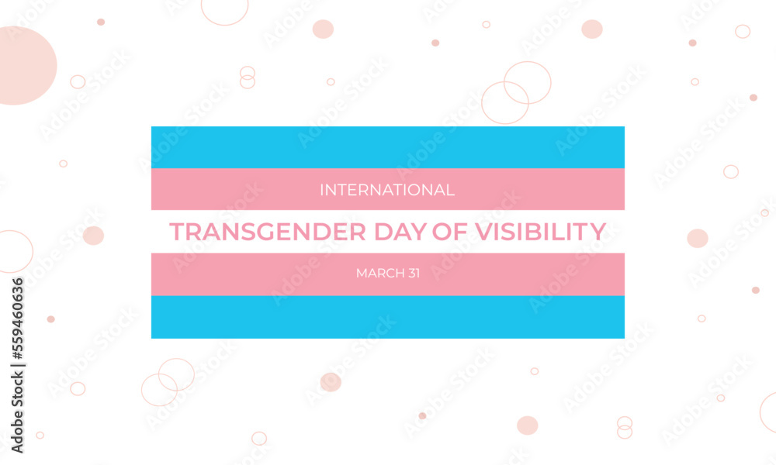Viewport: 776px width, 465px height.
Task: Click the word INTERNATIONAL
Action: [x=387, y=189]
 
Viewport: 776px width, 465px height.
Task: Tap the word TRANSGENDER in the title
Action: [x=248, y=232]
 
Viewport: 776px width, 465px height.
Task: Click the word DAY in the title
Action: [x=374, y=232]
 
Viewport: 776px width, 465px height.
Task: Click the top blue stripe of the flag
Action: [x=387, y=146]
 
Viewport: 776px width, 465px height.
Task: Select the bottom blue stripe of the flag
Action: [x=387, y=317]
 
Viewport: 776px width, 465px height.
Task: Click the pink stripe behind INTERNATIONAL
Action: [x=233, y=189]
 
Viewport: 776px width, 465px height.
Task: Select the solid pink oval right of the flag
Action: [x=697, y=238]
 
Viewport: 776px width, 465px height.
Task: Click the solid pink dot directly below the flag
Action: [x=331, y=382]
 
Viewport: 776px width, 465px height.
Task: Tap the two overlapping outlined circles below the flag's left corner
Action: [x=168, y=381]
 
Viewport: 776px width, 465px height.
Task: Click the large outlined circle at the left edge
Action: [x=12, y=251]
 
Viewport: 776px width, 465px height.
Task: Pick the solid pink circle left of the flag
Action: [x=93, y=236]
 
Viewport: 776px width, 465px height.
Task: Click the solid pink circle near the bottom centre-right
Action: [x=527, y=425]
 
